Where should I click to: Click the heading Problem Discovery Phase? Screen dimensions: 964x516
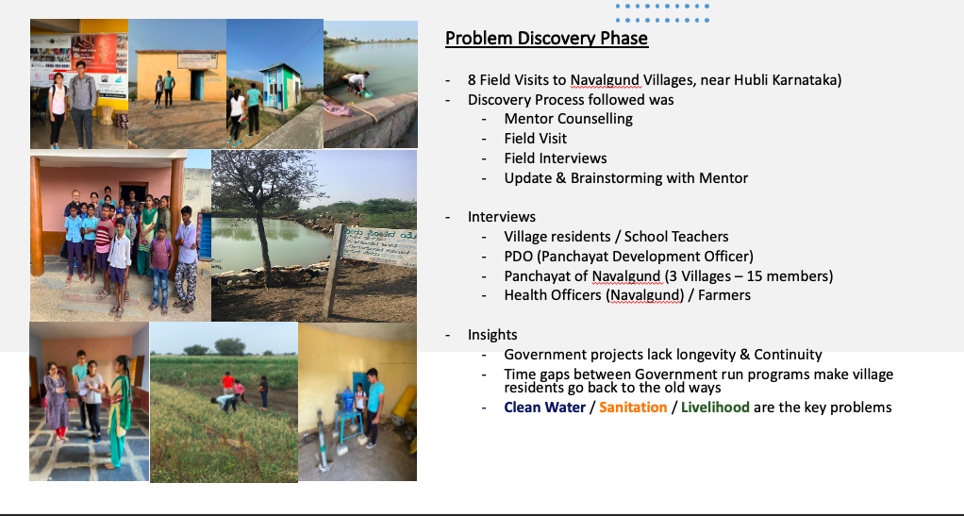click(x=546, y=38)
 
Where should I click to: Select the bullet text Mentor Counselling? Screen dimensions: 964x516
click(x=568, y=119)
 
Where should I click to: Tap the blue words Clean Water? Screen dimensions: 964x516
click(x=544, y=408)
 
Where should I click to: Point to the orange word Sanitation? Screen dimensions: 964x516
click(x=633, y=408)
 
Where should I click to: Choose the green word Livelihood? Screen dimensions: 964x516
click(x=715, y=408)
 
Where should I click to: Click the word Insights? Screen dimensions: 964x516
click(x=492, y=335)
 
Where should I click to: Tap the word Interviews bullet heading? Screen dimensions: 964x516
click(x=502, y=217)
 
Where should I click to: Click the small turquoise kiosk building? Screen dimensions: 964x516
click(x=280, y=87)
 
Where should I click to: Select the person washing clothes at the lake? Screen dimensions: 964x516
click(x=355, y=83)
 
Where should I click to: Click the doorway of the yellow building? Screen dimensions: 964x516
click(x=197, y=85)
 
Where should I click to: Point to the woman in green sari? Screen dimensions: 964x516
click(x=119, y=411)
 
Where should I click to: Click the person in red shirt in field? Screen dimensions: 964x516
click(x=228, y=383)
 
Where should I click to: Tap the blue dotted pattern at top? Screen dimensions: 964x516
click(x=662, y=13)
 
